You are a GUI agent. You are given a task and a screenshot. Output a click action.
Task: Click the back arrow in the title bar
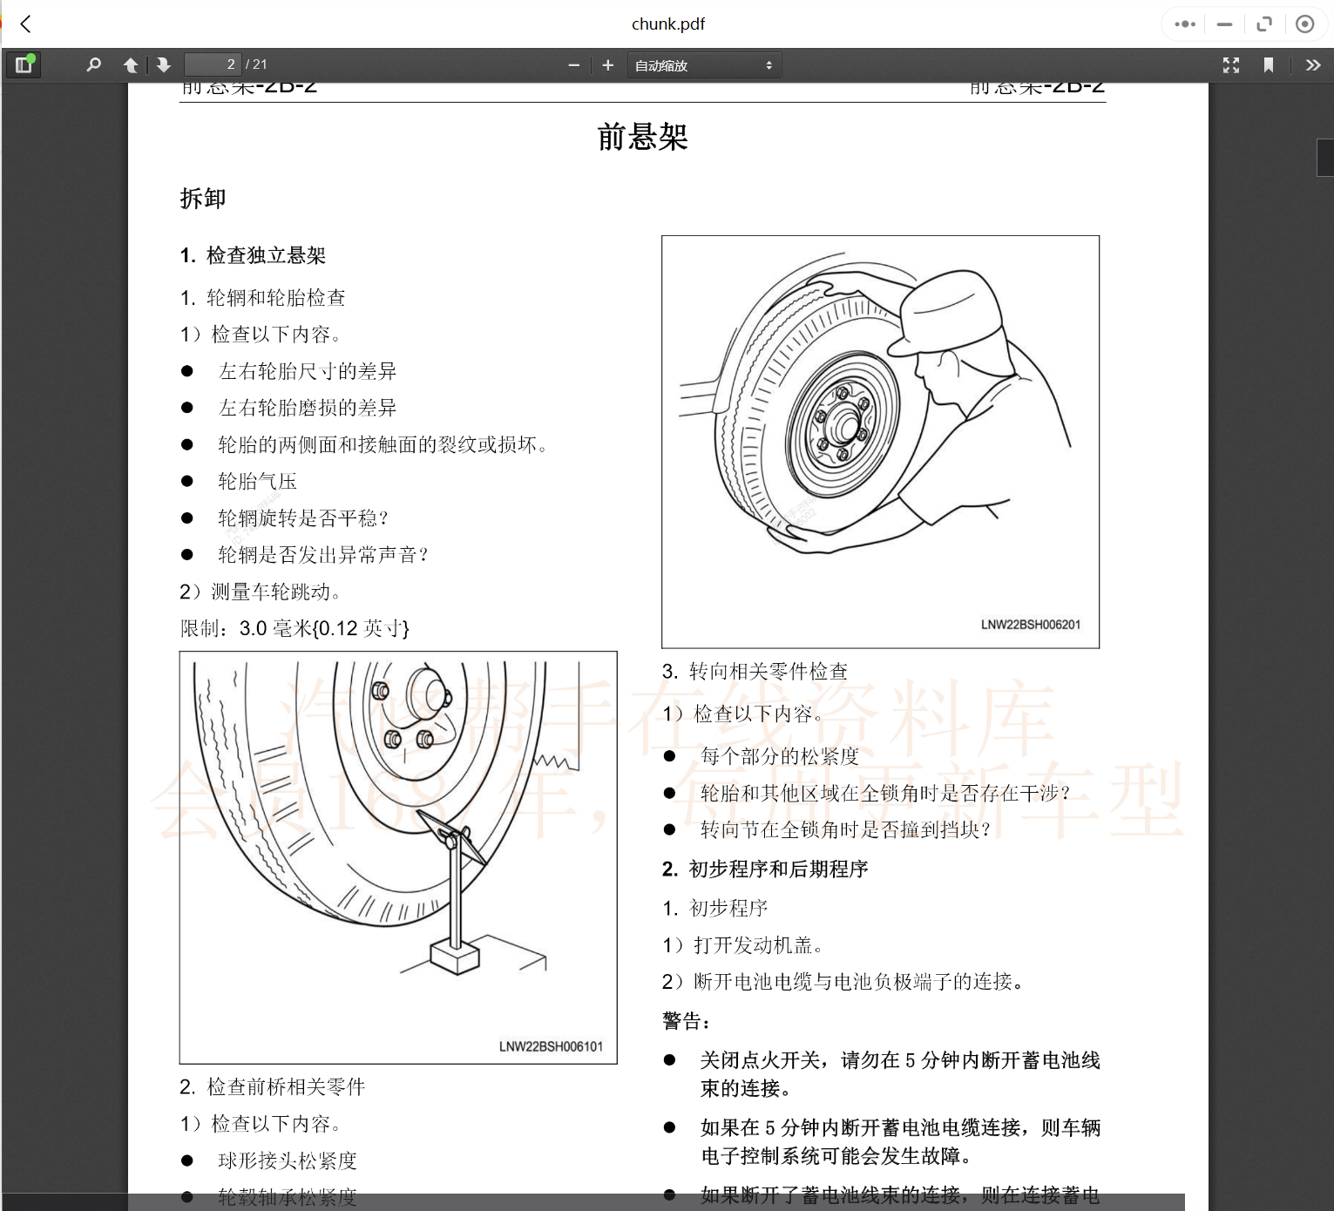[26, 24]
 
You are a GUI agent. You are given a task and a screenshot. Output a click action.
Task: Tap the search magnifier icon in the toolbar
[94, 64]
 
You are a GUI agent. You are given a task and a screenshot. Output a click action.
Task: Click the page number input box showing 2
[212, 64]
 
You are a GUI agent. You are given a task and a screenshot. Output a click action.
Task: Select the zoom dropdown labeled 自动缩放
[704, 65]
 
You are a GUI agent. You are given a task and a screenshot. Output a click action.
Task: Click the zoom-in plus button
[608, 64]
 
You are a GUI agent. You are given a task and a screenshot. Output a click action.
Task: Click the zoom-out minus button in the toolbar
[573, 64]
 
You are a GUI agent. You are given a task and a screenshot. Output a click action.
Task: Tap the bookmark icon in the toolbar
[1269, 64]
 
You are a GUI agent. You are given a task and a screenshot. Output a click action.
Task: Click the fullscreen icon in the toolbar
[1230, 64]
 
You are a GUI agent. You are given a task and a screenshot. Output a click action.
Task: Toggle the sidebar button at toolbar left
[24, 64]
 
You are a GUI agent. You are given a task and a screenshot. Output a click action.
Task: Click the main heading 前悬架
[642, 137]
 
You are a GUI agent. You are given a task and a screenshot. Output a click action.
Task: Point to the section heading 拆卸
[203, 199]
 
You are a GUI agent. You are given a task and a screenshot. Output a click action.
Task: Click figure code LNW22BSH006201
[1030, 625]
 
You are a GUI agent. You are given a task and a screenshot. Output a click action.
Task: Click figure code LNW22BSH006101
[551, 1046]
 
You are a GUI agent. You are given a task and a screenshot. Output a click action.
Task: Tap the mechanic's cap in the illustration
[945, 309]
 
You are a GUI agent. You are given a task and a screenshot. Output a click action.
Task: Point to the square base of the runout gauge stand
[455, 956]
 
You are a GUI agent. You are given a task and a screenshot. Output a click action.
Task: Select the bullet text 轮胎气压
[257, 482]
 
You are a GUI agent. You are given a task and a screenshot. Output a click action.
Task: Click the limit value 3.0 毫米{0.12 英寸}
[324, 628]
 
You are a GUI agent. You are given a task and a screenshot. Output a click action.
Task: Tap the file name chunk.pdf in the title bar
[667, 24]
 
